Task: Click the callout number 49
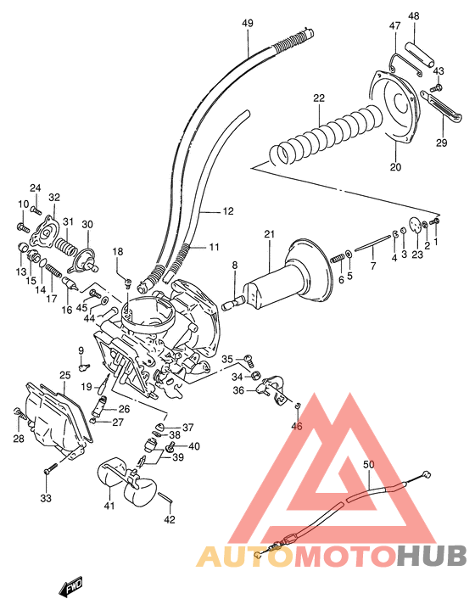[x=247, y=22]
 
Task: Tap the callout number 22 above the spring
[x=318, y=98]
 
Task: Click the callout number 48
[x=413, y=16]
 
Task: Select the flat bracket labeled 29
[x=427, y=111]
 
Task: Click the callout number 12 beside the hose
[x=227, y=211]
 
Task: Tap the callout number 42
[x=170, y=519]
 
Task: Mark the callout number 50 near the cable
[x=367, y=465]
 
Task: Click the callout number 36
[x=238, y=390]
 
